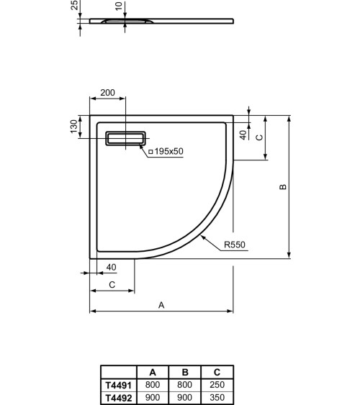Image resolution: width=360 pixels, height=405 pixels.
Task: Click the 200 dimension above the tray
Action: click(x=108, y=94)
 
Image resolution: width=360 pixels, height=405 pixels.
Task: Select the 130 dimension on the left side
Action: click(x=73, y=126)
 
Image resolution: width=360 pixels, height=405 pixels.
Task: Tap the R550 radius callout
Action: click(x=234, y=245)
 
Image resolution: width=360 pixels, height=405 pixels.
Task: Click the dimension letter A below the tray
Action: click(x=161, y=305)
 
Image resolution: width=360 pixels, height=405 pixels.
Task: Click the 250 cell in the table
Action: click(x=218, y=386)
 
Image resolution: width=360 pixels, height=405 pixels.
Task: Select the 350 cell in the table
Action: click(x=218, y=396)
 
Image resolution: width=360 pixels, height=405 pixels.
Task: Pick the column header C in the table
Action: click(x=218, y=373)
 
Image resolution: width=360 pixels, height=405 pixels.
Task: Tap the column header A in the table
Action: click(x=153, y=373)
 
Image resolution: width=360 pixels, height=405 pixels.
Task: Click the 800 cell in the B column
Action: click(x=185, y=386)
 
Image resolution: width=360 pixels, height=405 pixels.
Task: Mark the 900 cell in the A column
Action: click(x=153, y=396)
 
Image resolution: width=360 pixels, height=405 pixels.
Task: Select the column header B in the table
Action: click(x=185, y=373)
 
